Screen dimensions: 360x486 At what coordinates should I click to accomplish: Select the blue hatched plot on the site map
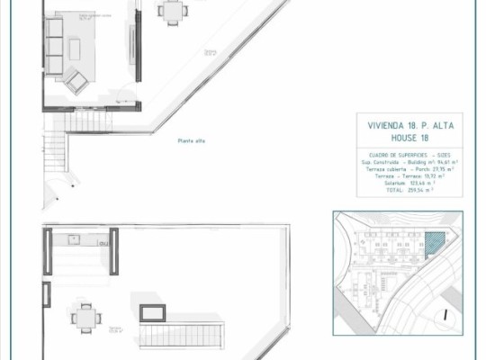pos(435,244)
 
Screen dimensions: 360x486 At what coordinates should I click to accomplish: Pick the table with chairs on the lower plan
pos(85,316)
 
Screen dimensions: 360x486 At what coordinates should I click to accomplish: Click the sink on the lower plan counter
pos(75,240)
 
